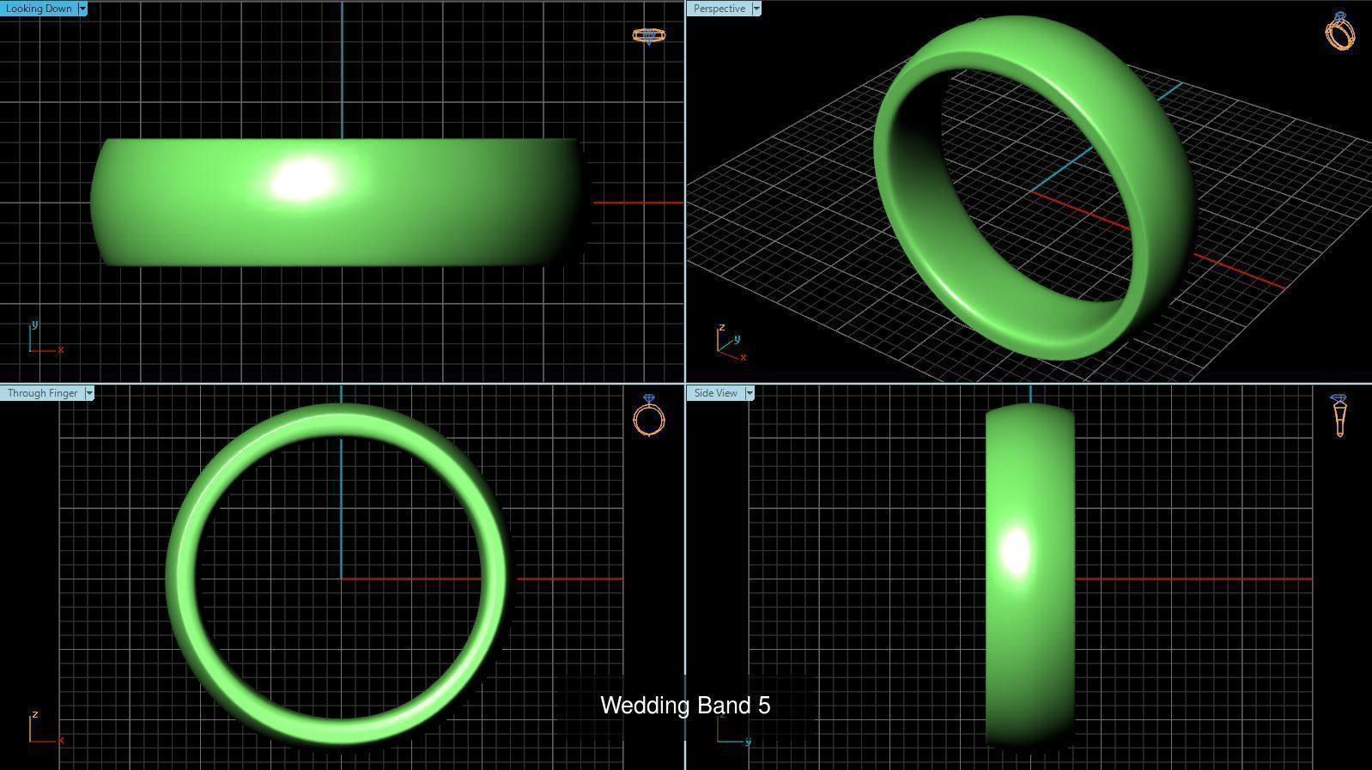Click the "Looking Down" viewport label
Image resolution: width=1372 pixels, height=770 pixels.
[x=39, y=9]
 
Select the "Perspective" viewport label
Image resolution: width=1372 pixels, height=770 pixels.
[x=719, y=9]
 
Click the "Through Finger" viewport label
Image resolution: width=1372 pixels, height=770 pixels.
[x=42, y=393]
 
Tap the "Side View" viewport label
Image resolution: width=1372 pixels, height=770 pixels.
[x=715, y=393]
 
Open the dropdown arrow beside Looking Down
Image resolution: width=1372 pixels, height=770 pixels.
[x=82, y=9]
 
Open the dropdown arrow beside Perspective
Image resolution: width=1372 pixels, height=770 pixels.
[x=756, y=9]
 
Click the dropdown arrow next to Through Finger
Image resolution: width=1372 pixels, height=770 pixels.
[x=89, y=393]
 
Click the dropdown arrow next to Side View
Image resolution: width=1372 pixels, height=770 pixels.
[x=750, y=393]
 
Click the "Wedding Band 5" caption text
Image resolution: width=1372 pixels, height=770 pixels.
[x=685, y=706]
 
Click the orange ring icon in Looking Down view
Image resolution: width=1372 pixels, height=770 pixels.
[x=648, y=35]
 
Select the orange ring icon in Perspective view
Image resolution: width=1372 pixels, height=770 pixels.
[x=1339, y=31]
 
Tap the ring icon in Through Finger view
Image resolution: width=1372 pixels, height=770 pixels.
[x=649, y=416]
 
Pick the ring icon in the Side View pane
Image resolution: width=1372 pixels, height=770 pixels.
[x=1339, y=415]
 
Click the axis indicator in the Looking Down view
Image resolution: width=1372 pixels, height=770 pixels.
[x=43, y=340]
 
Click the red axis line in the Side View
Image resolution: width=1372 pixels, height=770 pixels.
[x=1193, y=579]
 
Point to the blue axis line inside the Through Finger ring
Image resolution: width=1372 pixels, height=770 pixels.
[x=342, y=506]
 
